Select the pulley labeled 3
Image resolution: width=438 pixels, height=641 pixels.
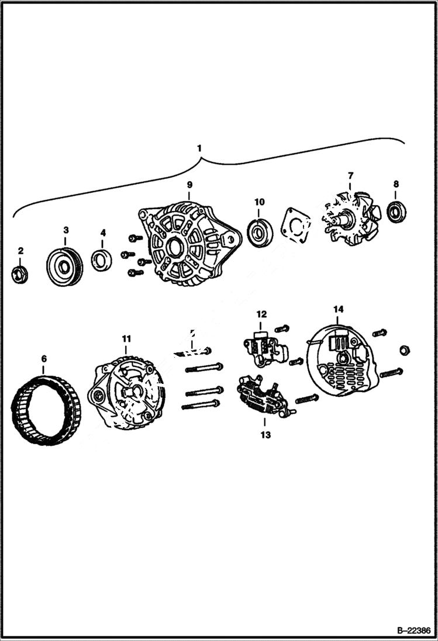pyautogui.click(x=64, y=267)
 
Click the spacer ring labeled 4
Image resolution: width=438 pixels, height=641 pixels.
pyautogui.click(x=102, y=259)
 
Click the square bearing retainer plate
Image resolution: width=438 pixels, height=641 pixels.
pyautogui.click(x=296, y=225)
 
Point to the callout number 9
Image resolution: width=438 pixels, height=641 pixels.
pyautogui.click(x=189, y=185)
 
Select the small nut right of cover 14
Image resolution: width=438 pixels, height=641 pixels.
pyautogui.click(x=403, y=350)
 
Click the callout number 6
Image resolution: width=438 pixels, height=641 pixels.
pyautogui.click(x=44, y=358)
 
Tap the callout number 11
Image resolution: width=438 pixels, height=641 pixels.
pyautogui.click(x=126, y=338)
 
